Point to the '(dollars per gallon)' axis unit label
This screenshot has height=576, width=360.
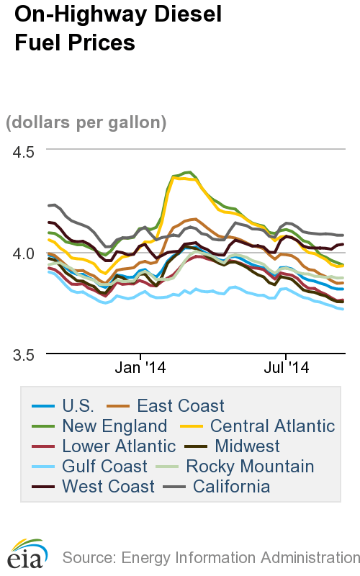(86, 122)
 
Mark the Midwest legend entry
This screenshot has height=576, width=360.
(247, 446)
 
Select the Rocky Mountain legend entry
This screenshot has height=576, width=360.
(249, 467)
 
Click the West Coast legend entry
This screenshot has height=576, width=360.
(108, 487)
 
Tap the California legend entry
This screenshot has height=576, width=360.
(231, 487)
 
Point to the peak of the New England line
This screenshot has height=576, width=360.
(189, 172)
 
